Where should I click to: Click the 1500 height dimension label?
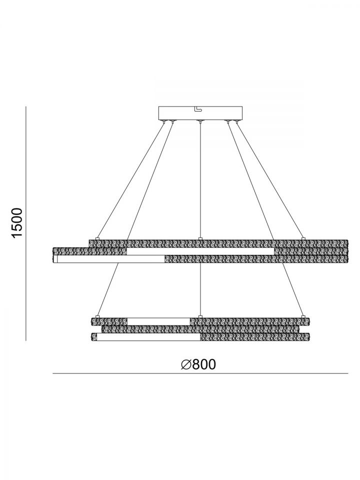tap(17, 222)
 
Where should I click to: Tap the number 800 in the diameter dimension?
tap(204, 364)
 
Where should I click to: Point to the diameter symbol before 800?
tap(186, 364)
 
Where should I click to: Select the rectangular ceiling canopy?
tap(200, 113)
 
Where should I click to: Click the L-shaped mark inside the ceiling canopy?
tap(198, 108)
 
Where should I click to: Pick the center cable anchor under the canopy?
tap(200, 122)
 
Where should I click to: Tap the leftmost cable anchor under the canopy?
tap(165, 122)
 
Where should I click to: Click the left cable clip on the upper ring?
tap(97, 238)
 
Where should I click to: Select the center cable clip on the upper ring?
tap(200, 238)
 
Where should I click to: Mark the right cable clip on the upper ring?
tap(303, 238)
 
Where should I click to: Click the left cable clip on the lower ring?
tap(97, 316)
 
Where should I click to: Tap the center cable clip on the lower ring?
tap(200, 316)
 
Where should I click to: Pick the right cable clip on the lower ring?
tap(303, 316)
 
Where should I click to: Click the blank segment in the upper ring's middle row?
tap(200, 251)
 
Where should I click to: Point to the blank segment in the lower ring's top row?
tap(158, 321)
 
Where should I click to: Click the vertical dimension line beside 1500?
tap(26, 223)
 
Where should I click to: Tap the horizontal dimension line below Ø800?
tap(200, 373)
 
